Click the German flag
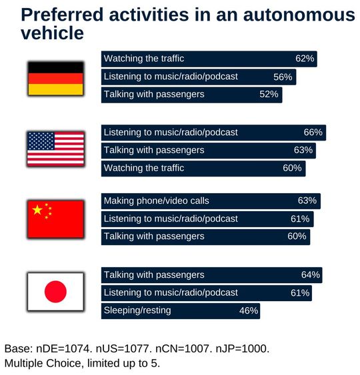[x=55, y=79]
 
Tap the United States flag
[x=55, y=149]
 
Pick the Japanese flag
[x=55, y=292]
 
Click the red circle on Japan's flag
[x=55, y=292]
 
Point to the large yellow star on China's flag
[x=38, y=210]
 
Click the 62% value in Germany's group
[x=305, y=59]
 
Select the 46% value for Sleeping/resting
[x=248, y=310]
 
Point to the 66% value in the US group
[x=313, y=133]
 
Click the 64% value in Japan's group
[x=311, y=274]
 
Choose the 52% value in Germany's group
[x=269, y=95]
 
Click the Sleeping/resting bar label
[x=137, y=310]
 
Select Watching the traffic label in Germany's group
[x=144, y=59]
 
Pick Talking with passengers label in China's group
[x=154, y=236]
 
